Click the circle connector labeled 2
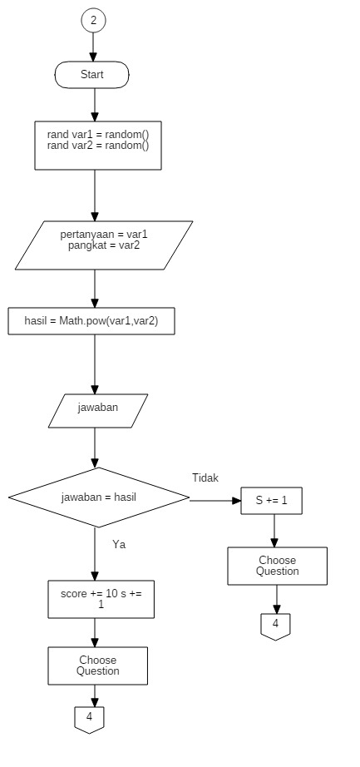(x=93, y=21)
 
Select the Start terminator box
(x=92, y=75)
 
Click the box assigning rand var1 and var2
(x=98, y=146)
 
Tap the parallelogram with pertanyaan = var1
(x=104, y=245)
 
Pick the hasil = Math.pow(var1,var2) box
(x=91, y=321)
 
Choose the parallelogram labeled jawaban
(x=98, y=411)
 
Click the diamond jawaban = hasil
(x=99, y=497)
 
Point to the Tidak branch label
(x=205, y=478)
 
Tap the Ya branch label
(x=119, y=544)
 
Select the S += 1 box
(x=272, y=501)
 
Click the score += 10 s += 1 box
(x=101, y=599)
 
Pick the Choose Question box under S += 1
(x=278, y=566)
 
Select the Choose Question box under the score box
(x=98, y=666)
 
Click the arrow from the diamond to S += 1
(x=215, y=501)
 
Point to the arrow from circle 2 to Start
(x=93, y=47)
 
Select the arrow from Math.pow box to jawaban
(x=95, y=364)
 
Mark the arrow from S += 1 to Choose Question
(x=274, y=531)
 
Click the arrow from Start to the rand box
(x=95, y=105)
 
